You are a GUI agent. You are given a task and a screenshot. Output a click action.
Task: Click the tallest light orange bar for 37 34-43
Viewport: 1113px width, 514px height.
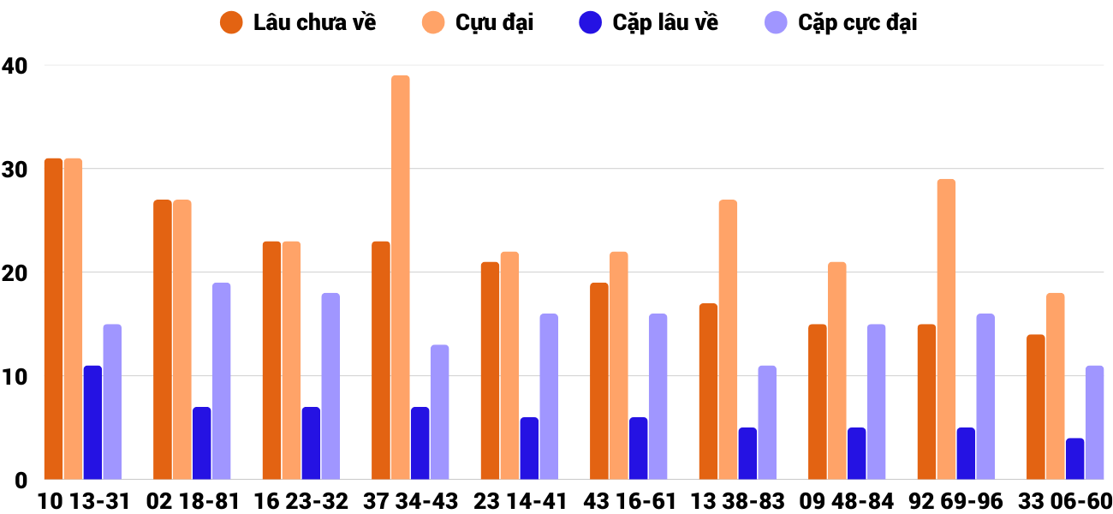[401, 278]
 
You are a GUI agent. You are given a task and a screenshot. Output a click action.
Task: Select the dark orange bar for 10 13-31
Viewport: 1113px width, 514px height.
[53, 319]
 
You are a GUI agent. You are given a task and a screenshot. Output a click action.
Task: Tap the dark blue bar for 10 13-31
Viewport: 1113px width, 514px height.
[92, 422]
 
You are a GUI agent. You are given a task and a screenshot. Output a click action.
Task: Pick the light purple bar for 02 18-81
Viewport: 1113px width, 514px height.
[221, 381]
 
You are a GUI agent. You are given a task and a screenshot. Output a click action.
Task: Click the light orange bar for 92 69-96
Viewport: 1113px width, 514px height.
[946, 329]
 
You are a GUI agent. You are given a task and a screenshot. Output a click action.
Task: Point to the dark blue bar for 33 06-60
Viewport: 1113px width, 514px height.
[1074, 459]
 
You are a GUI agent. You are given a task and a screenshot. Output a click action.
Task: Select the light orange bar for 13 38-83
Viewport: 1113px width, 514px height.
[728, 339]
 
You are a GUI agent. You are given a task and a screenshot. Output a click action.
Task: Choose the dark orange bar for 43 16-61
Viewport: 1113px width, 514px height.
[599, 381]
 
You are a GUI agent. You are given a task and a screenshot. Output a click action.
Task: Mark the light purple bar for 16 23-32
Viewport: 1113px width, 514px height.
[330, 386]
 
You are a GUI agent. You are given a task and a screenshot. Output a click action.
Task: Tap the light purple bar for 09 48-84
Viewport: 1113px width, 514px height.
[876, 402]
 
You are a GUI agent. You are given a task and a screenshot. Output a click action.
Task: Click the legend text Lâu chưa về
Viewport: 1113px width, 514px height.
[314, 23]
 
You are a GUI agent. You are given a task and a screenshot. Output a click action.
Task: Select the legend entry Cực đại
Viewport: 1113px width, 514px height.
[494, 23]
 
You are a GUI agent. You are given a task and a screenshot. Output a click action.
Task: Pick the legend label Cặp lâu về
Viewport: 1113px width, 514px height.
[665, 23]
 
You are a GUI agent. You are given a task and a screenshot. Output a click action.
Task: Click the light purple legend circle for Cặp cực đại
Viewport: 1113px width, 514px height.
[776, 23]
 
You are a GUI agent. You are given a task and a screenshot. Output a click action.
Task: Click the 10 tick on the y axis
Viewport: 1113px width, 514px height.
[15, 377]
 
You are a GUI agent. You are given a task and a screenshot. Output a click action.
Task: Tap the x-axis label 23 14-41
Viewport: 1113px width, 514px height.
[521, 501]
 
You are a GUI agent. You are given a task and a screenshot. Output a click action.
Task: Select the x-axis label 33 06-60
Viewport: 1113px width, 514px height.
[1067, 501]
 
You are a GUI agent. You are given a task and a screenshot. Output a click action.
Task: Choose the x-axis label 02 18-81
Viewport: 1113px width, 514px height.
[193, 501]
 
